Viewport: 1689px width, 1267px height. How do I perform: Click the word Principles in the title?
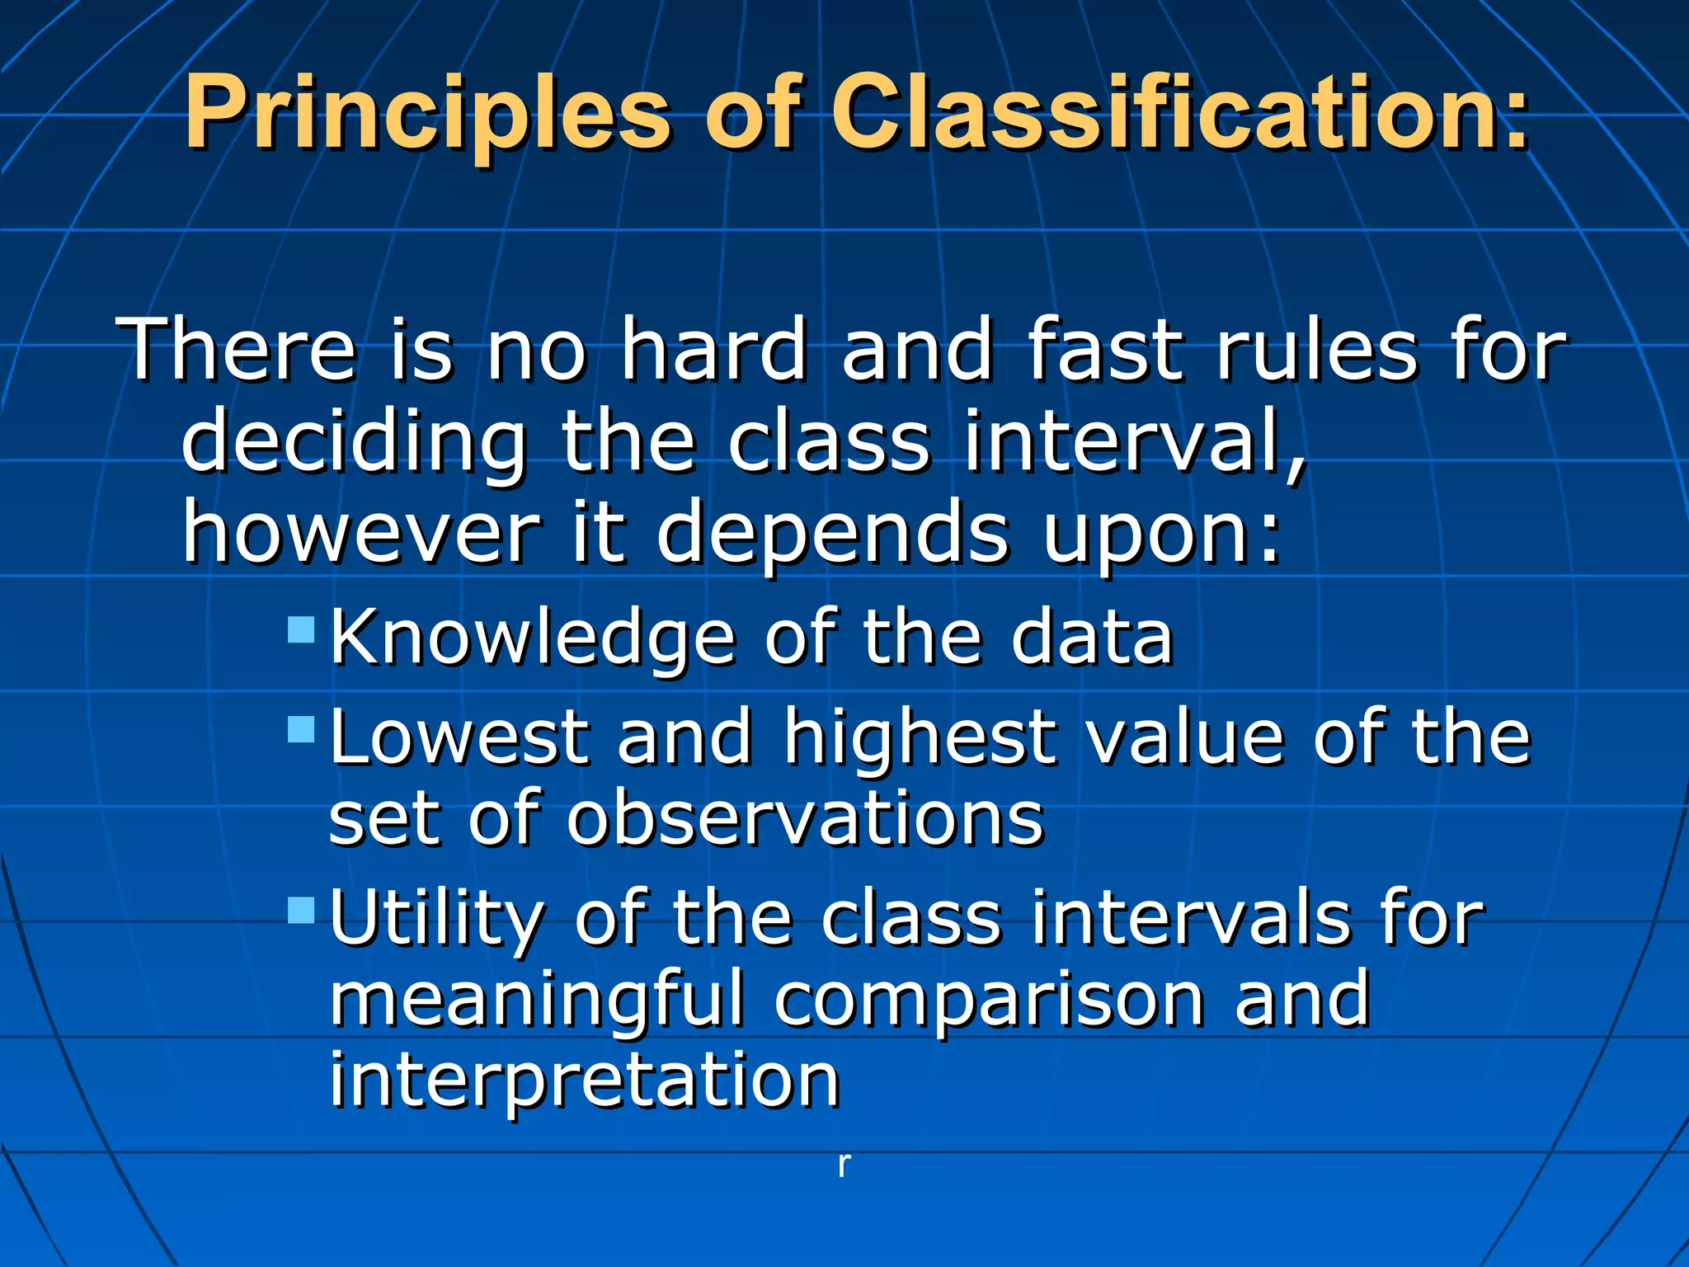[x=427, y=114]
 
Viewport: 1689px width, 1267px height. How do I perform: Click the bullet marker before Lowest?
[x=302, y=729]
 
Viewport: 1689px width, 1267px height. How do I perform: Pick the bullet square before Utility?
[x=302, y=910]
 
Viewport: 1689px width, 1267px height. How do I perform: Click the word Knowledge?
[x=533, y=638]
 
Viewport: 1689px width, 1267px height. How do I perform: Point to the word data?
[x=1092, y=638]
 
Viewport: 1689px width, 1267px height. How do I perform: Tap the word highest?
[x=920, y=737]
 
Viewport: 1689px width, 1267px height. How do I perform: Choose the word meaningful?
[x=536, y=1001]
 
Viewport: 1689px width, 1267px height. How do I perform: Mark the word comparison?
[x=989, y=1001]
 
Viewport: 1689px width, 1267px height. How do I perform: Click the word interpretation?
[x=585, y=1081]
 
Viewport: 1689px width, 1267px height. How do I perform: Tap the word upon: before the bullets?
[x=1162, y=535]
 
